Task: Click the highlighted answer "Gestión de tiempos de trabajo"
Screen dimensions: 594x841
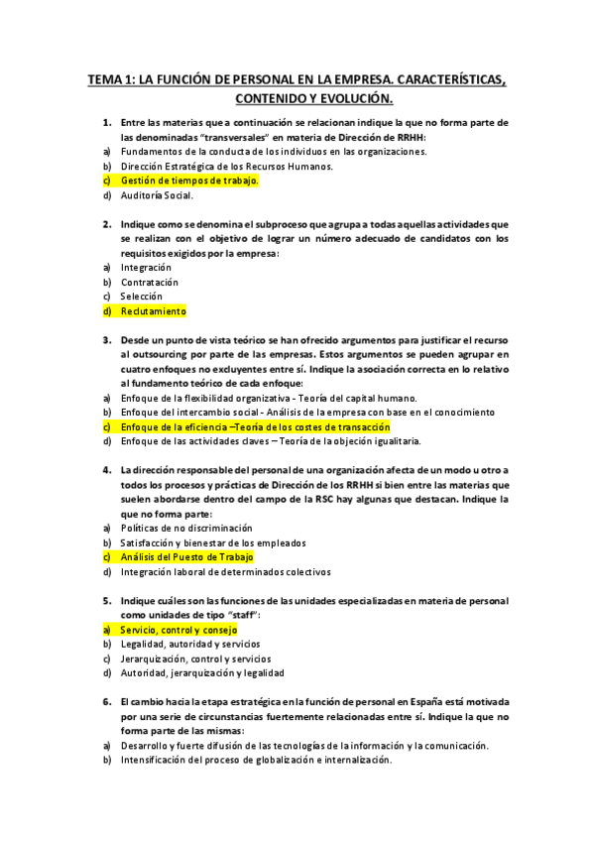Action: coord(189,181)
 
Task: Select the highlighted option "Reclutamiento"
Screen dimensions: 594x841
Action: coord(153,311)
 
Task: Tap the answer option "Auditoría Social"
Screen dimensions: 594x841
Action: coord(157,195)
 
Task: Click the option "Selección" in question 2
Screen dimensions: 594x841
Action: coord(145,297)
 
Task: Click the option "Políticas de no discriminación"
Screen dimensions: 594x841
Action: coord(186,529)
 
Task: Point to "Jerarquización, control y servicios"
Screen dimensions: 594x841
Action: coord(195,659)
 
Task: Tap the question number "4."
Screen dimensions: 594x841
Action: coord(107,470)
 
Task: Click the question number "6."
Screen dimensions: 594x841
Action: coord(107,701)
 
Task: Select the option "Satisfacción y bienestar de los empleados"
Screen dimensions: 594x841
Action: coord(212,542)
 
